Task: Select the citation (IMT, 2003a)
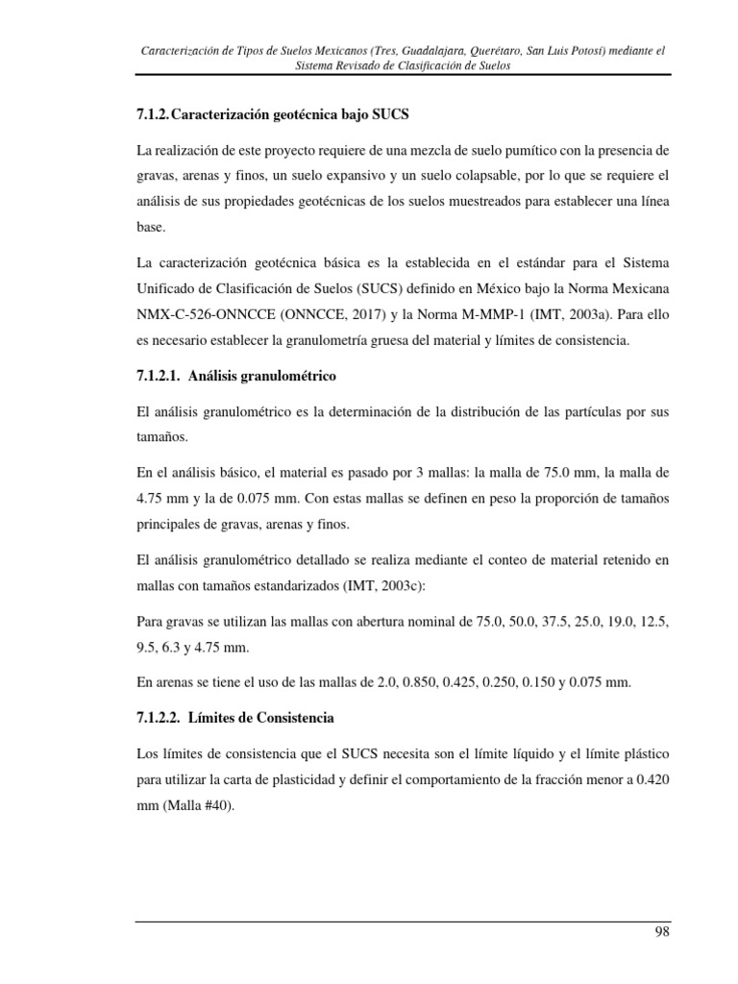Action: click(575, 313)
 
